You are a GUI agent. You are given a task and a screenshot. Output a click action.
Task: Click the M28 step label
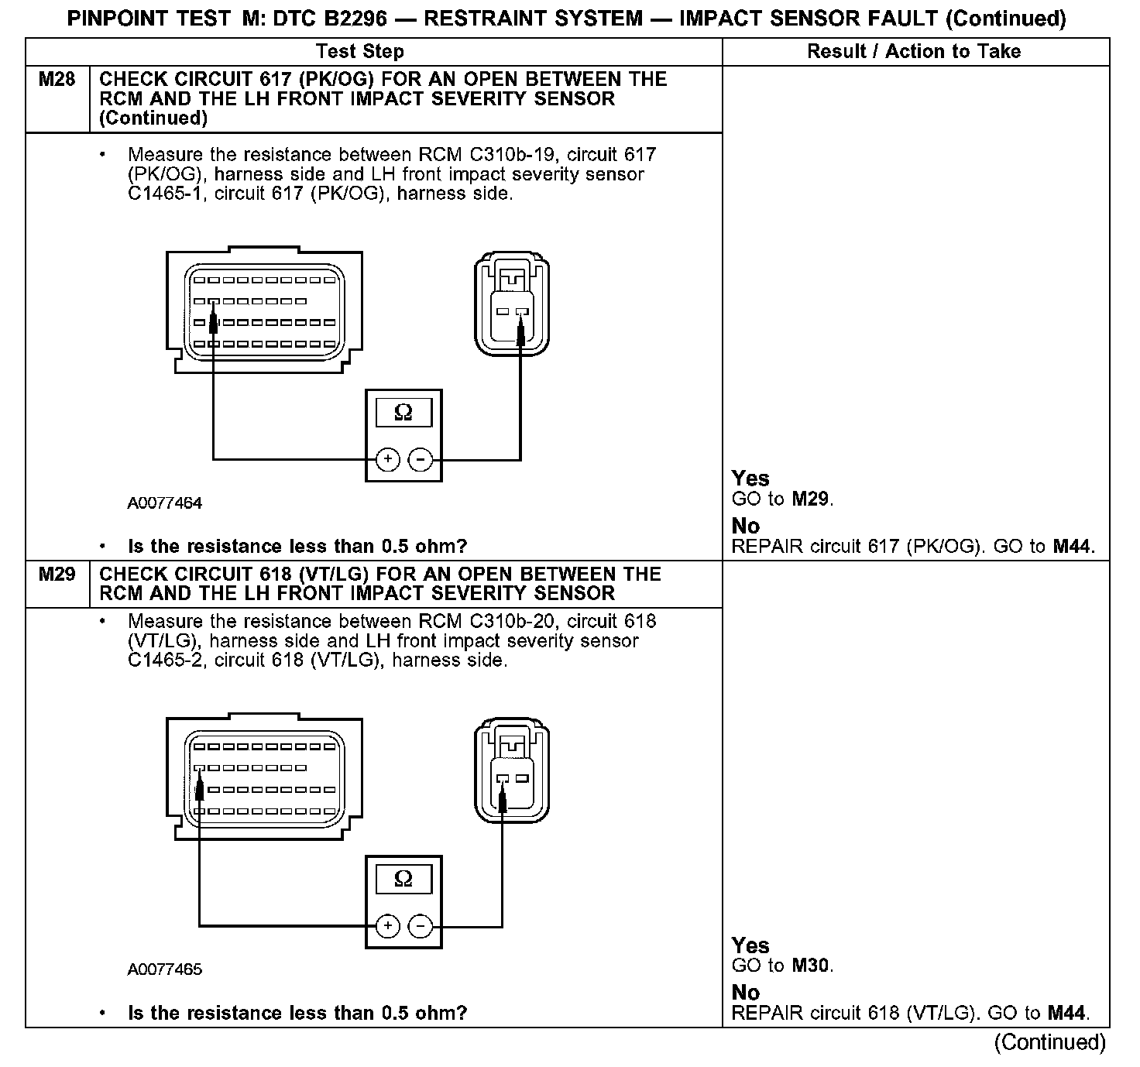pyautogui.click(x=57, y=80)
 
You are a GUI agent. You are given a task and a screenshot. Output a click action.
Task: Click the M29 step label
pyautogui.click(x=57, y=575)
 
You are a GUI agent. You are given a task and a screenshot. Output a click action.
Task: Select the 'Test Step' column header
pyautogui.click(x=360, y=52)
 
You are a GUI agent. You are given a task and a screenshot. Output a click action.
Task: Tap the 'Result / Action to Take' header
pyautogui.click(x=914, y=52)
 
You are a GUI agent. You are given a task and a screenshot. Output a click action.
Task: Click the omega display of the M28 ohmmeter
pyautogui.click(x=403, y=413)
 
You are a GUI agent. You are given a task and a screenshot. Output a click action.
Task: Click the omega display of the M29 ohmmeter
pyautogui.click(x=403, y=879)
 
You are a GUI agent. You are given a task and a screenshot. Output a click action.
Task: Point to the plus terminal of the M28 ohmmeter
pyautogui.click(x=387, y=460)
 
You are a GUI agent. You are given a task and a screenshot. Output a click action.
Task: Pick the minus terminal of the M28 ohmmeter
pyautogui.click(x=420, y=460)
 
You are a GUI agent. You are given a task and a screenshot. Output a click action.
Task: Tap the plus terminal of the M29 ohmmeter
pyautogui.click(x=387, y=926)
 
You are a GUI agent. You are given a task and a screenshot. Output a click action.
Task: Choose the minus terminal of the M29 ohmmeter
pyautogui.click(x=420, y=926)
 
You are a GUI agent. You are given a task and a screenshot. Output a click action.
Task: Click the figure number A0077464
pyautogui.click(x=165, y=503)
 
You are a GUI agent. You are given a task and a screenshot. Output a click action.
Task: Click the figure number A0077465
pyautogui.click(x=165, y=969)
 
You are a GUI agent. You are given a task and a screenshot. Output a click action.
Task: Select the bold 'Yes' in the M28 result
pyautogui.click(x=750, y=479)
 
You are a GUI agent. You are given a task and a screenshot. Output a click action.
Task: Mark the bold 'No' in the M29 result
pyautogui.click(x=746, y=992)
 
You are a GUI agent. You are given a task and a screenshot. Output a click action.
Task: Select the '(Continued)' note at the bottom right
pyautogui.click(x=1049, y=1042)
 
